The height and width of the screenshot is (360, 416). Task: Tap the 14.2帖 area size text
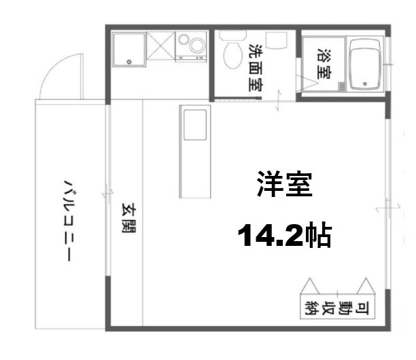284,235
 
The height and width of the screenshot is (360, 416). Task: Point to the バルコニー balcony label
69,219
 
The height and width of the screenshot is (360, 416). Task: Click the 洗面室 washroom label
256,68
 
